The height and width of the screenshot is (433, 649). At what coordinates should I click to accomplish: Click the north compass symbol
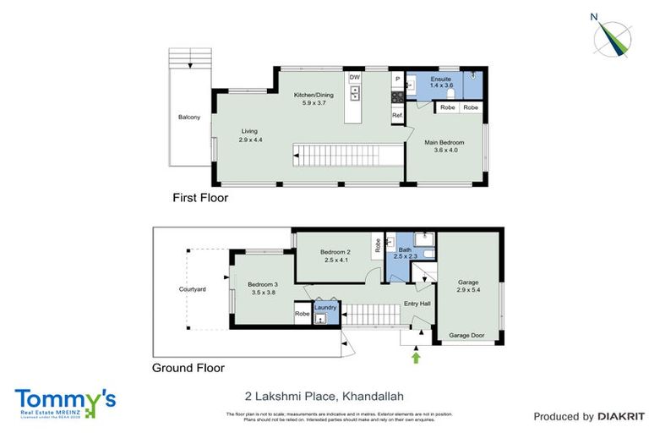(614, 35)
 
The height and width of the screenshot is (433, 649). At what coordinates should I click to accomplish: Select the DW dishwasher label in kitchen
(355, 77)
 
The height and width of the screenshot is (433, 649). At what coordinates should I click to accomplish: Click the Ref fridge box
(395, 115)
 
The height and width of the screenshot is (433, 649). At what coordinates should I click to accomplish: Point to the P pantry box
(396, 79)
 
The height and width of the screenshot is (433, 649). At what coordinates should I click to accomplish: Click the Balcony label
(188, 118)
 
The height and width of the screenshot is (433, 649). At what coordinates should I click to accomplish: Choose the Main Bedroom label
(444, 143)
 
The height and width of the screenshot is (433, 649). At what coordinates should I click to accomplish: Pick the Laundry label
(326, 307)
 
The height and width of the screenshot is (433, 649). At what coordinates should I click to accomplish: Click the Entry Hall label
(417, 303)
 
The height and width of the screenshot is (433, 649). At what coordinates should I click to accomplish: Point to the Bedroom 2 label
(336, 251)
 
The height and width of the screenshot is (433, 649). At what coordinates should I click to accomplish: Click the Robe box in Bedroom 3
(302, 314)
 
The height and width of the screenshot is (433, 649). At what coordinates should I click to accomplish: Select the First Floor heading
(200, 198)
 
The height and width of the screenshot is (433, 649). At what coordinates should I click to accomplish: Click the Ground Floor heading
(188, 368)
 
